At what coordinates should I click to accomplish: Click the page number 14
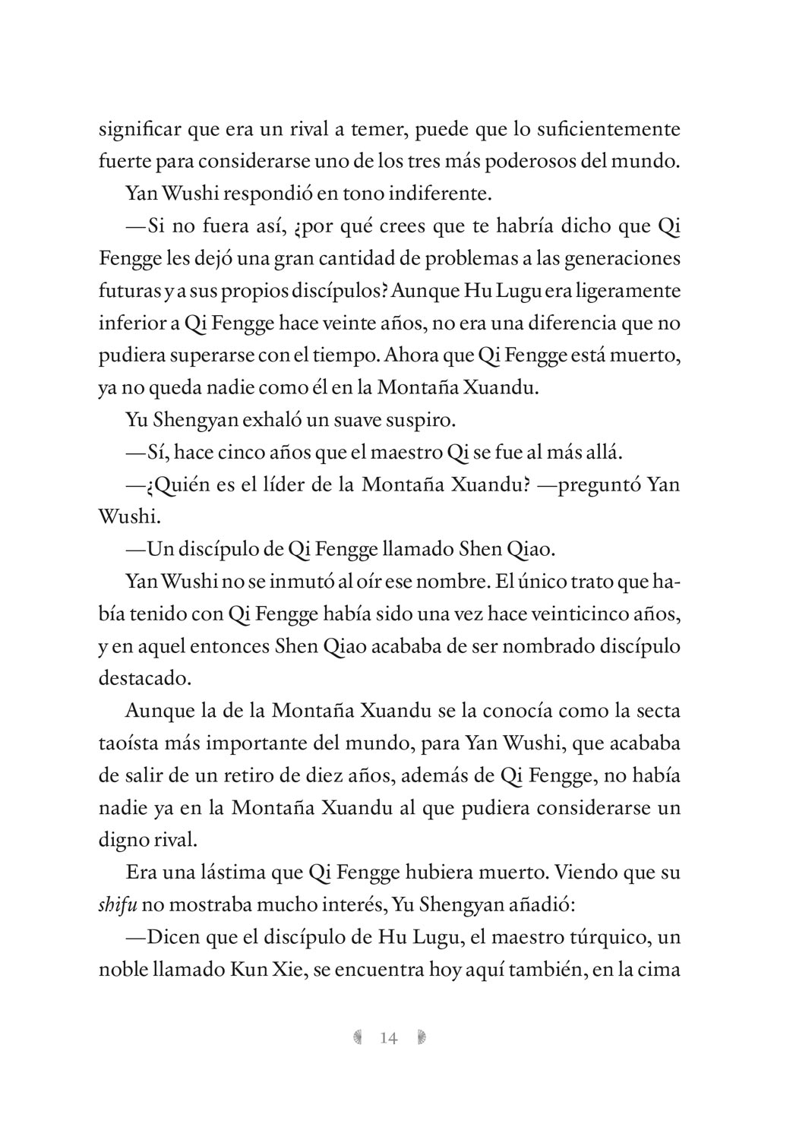(388, 1038)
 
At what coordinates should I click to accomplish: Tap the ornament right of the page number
(422, 1038)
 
